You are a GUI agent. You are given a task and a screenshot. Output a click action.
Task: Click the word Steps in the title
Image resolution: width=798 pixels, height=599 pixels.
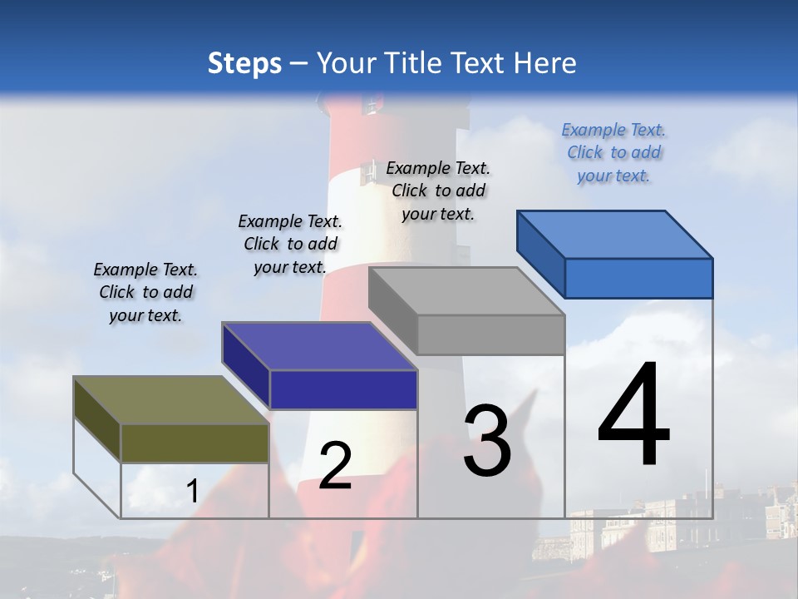tap(244, 63)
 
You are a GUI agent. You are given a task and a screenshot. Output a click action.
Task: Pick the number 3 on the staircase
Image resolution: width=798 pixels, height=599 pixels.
tap(487, 441)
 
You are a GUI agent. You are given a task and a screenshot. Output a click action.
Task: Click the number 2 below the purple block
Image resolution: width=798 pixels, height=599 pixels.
tap(335, 466)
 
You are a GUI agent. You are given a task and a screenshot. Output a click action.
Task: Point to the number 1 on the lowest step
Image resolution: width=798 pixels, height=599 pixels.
tap(192, 492)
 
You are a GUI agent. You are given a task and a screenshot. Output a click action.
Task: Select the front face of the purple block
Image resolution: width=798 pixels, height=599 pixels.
tap(343, 389)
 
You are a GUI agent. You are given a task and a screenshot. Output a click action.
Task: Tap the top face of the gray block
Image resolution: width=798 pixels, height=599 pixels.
tap(466, 291)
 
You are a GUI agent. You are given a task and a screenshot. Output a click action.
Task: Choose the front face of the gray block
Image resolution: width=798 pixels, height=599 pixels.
tap(490, 335)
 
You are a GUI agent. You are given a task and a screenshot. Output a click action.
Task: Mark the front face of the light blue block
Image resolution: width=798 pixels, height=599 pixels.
tap(638, 278)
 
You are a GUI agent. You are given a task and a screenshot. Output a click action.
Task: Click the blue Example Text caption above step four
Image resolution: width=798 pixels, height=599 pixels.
tap(613, 152)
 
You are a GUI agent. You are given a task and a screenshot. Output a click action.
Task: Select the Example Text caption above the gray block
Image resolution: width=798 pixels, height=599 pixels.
tap(438, 191)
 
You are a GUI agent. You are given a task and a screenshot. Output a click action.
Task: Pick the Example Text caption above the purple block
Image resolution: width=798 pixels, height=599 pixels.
tap(290, 244)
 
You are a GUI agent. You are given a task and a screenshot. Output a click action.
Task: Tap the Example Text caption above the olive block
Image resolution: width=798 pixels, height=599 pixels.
tap(145, 292)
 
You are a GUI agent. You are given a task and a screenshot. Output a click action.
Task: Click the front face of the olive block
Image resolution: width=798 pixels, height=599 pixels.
tap(195, 443)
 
